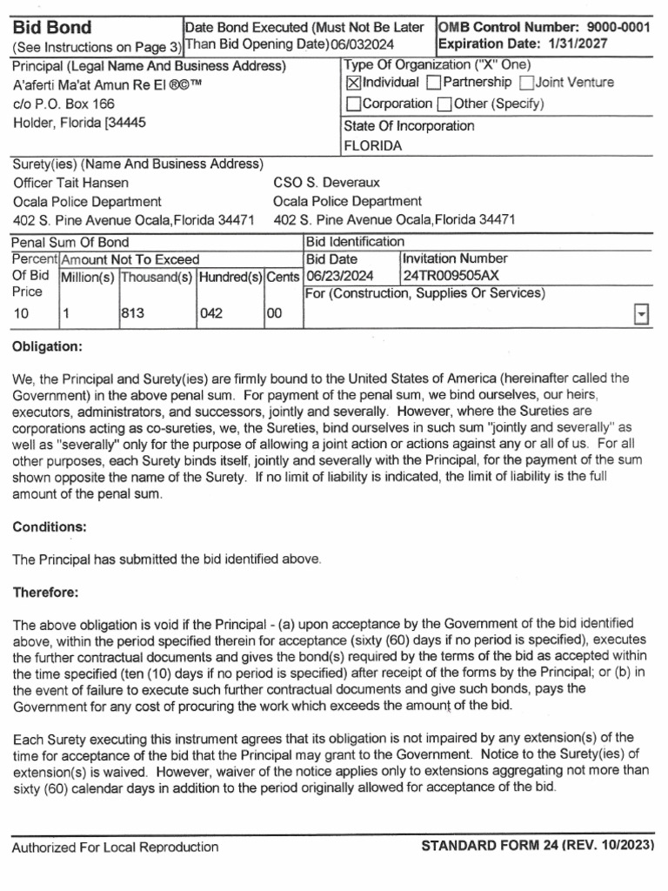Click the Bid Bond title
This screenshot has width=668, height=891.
coord(51,28)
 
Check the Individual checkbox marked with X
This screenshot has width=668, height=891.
coord(353,84)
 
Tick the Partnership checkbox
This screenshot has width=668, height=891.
coord(433,84)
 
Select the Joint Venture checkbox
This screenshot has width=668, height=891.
coord(526,84)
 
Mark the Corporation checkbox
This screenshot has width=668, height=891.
coord(353,104)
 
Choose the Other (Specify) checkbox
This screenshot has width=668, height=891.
coord(444,104)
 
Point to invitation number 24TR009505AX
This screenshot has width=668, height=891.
coord(451,276)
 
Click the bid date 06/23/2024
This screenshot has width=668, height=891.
coord(339,276)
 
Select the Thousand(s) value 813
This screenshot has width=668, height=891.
coord(132,314)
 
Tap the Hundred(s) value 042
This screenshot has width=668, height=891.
coord(211,314)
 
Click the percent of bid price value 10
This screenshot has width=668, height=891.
coord(21,314)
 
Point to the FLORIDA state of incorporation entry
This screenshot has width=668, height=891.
coord(373,146)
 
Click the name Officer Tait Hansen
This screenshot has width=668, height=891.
coord(71,183)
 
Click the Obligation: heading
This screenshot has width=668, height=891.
coord(47,346)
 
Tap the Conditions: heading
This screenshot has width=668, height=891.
coord(49,526)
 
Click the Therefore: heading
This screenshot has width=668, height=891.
coord(45,592)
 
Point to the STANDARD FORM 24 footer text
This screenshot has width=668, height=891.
coord(536,846)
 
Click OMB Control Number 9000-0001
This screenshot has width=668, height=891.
coord(544,27)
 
